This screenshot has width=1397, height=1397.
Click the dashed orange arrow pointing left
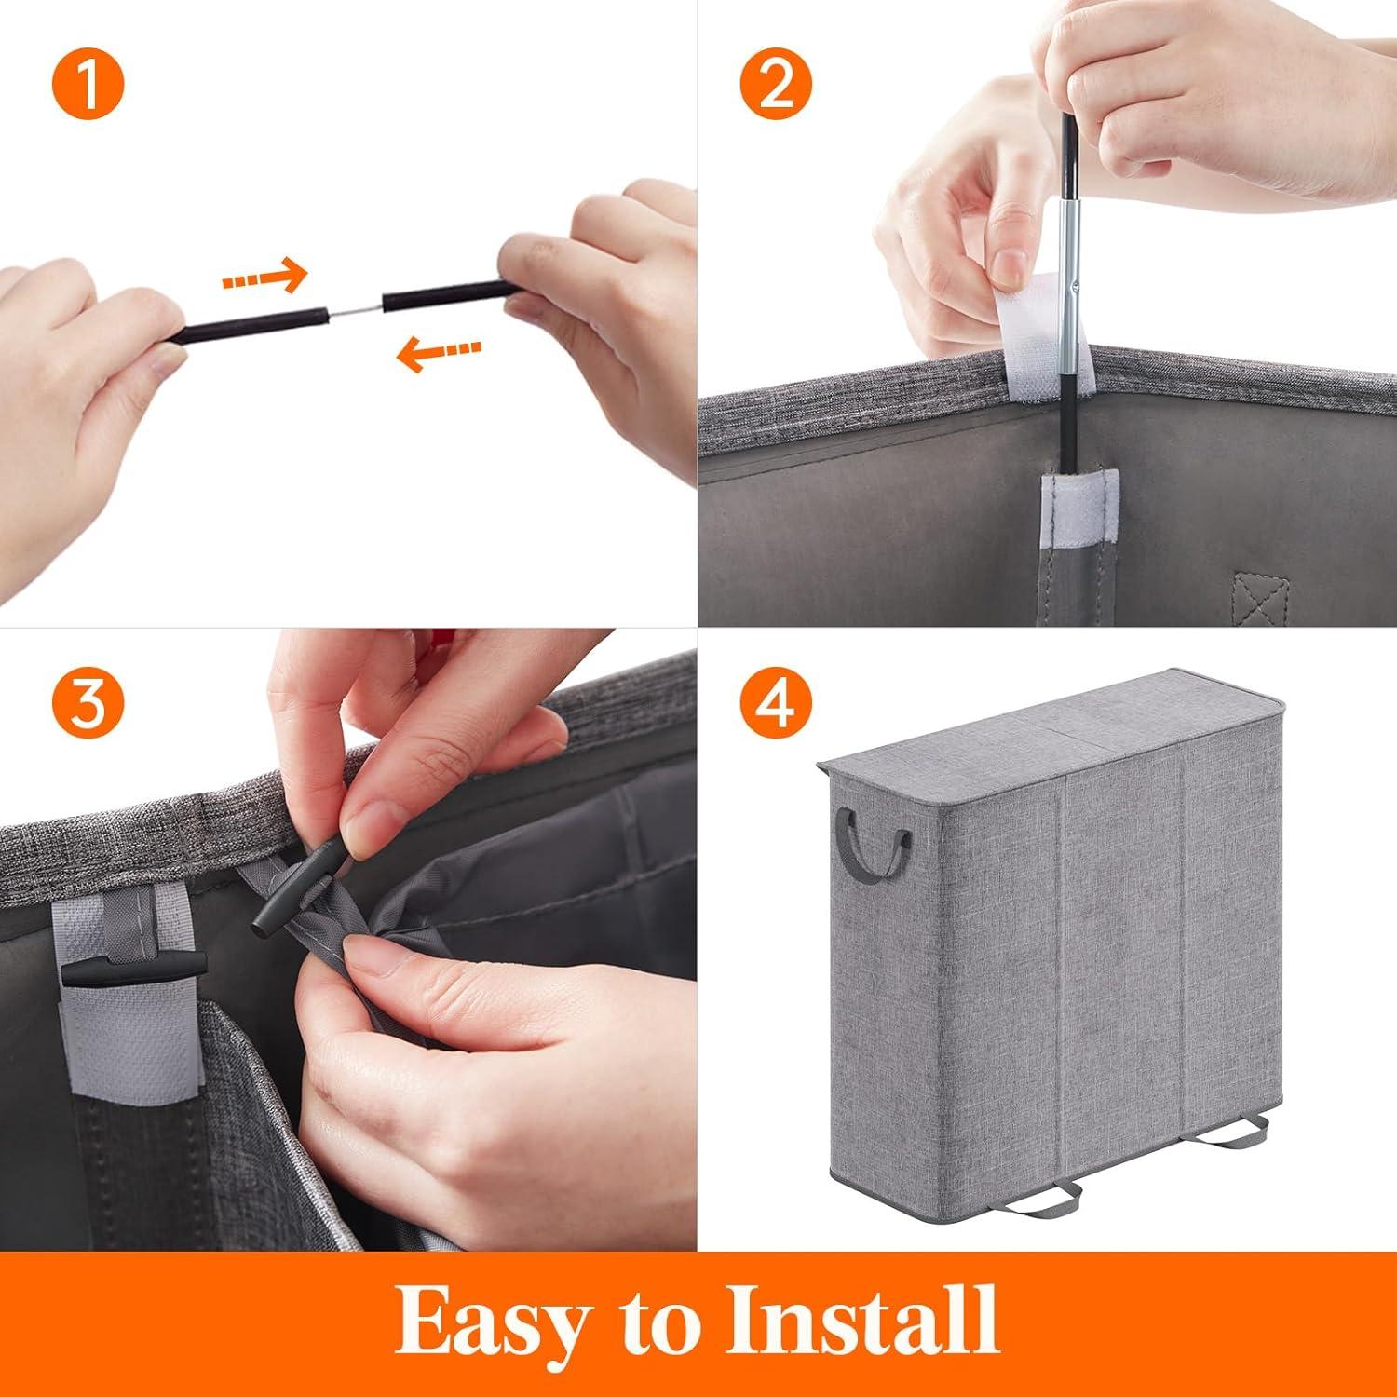coord(438,352)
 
